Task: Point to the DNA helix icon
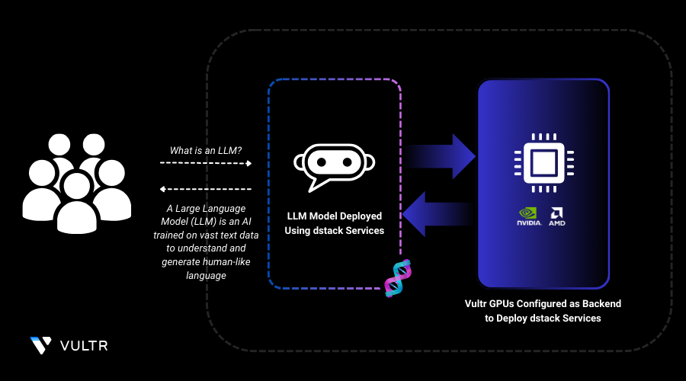[398, 278]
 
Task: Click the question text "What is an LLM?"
[205, 150]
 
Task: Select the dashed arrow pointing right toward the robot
[206, 163]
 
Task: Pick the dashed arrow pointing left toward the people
[206, 188]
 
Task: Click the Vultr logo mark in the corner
[40, 345]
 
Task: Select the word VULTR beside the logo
[84, 346]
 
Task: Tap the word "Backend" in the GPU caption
[602, 303]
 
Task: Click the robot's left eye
[321, 162]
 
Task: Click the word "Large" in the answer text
[191, 208]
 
